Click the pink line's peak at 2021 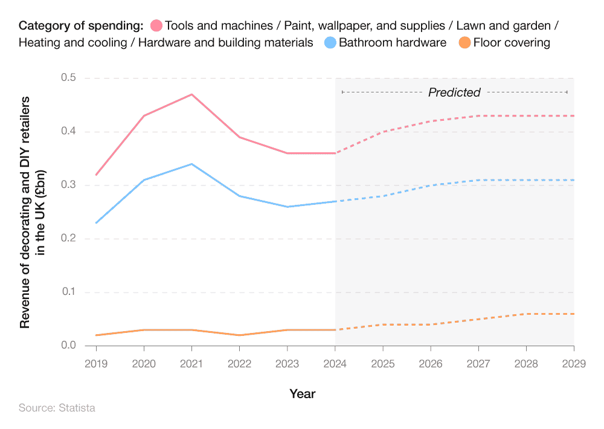point(191,94)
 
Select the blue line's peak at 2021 point(191,164)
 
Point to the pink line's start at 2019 point(96,175)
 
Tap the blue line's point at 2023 point(287,207)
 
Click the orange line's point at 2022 point(239,335)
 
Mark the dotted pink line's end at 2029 point(573,116)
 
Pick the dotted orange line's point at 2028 point(526,314)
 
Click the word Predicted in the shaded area point(454,92)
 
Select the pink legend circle point(156,26)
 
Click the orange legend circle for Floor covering point(464,43)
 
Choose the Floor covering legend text point(512,43)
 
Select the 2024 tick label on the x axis point(335,363)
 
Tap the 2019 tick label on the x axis point(96,363)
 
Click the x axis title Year point(302,394)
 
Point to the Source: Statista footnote point(57,408)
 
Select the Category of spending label point(81,26)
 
